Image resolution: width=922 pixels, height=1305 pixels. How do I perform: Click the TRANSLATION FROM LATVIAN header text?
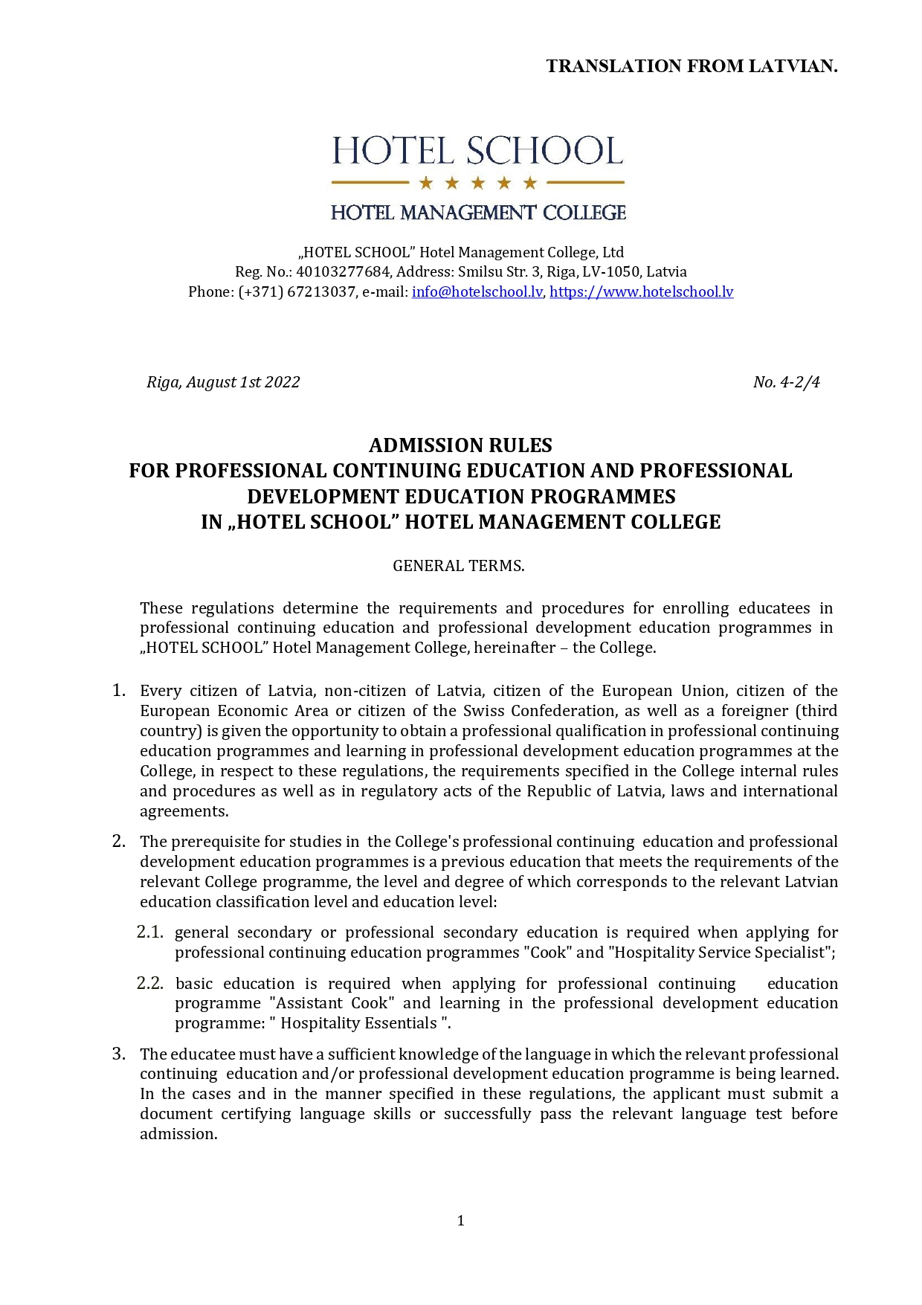(691, 66)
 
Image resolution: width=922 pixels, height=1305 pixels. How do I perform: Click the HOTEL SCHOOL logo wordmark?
(477, 151)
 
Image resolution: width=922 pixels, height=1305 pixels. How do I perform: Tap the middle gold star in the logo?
(478, 183)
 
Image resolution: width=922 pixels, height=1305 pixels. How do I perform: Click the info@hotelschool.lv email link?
(477, 291)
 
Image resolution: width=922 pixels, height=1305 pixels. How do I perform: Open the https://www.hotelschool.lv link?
(641, 291)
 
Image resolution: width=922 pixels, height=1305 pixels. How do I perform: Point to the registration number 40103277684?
(343, 271)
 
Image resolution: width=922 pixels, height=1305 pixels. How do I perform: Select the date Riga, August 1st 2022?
(223, 382)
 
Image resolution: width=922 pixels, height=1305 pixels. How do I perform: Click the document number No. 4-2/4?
(786, 382)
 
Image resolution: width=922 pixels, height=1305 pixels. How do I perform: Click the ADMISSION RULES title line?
(460, 445)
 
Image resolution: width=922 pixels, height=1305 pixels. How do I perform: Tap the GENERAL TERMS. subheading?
(459, 566)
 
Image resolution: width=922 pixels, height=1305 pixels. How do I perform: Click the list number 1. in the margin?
(119, 690)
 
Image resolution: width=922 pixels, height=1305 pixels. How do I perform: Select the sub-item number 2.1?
(149, 932)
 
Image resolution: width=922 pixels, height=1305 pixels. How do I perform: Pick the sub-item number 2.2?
(149, 983)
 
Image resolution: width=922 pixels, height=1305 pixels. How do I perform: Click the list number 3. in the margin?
(119, 1053)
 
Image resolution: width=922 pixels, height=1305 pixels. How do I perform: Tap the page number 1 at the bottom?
(461, 1220)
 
